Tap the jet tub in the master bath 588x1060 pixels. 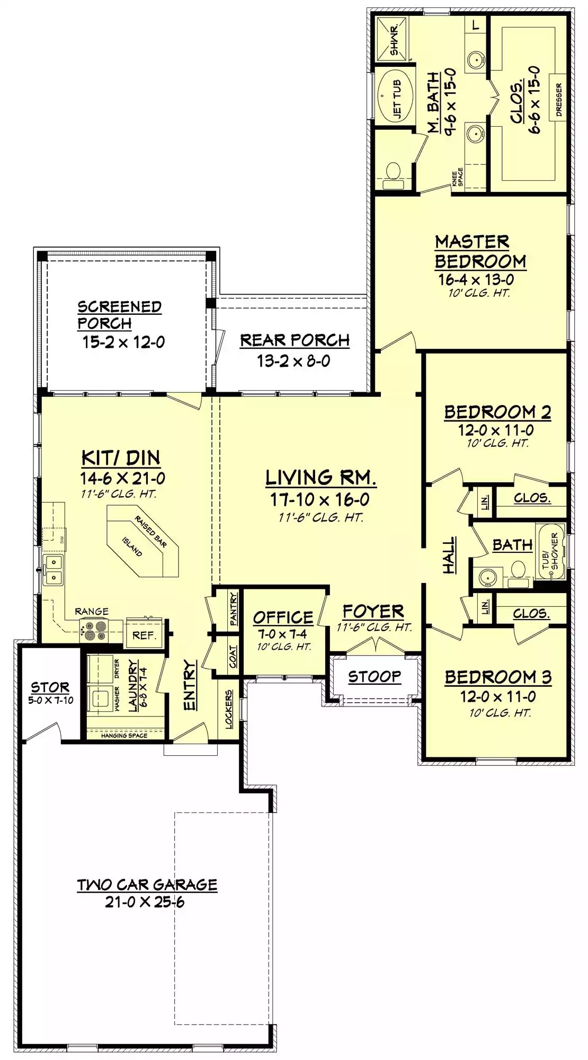pos(398,96)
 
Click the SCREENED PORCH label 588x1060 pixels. pos(119,315)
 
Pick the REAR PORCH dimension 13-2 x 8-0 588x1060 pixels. pos(293,361)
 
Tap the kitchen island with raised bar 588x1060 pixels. pos(142,541)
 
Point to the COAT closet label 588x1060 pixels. pos(233,657)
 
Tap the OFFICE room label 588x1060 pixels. pos(283,617)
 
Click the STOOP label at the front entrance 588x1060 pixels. pos(375,677)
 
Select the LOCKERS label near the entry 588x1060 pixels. pos(229,709)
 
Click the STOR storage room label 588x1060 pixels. pos(50,687)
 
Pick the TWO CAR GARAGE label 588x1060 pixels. pos(147,885)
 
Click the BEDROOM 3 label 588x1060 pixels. pos(498,677)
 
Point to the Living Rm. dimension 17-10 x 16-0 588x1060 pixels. pos(320,499)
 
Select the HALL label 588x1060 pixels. pos(449,555)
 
